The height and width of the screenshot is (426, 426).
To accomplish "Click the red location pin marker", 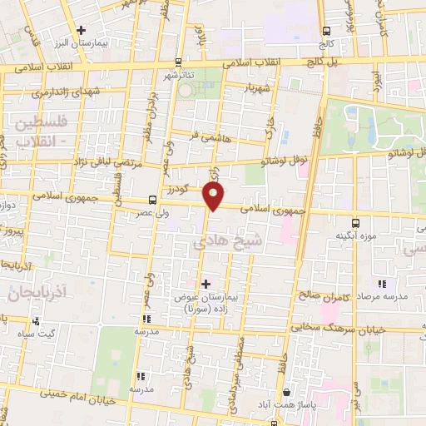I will click(214, 195).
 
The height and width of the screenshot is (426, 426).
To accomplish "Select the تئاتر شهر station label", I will click(181, 73).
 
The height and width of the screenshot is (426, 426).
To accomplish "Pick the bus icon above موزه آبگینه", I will click(356, 223).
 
